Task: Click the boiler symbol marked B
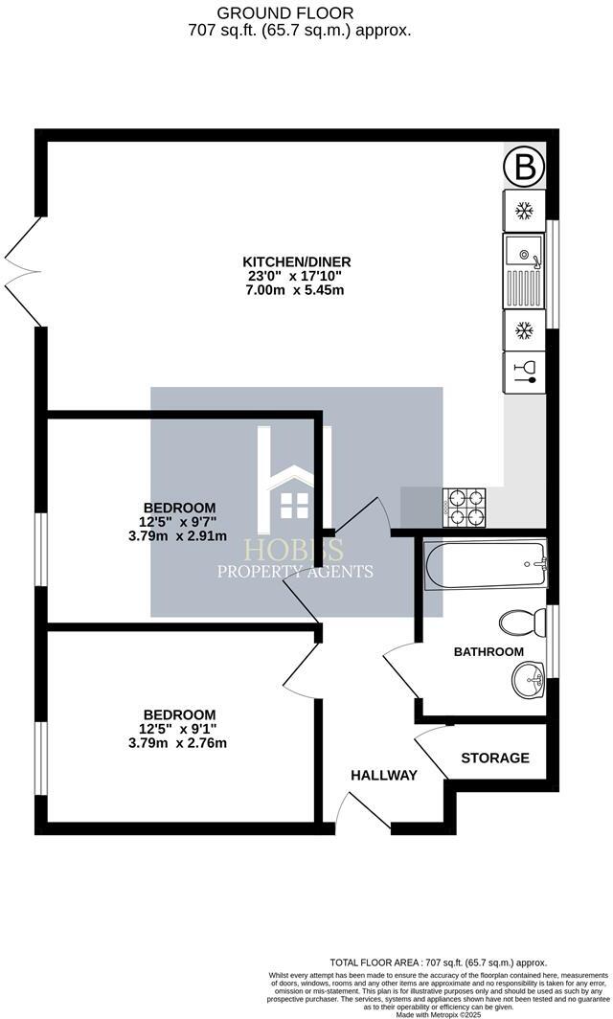pos(524,170)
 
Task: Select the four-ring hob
pos(465,507)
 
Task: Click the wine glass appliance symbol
pos(524,371)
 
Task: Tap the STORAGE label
pos(495,758)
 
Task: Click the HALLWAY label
pos(383,775)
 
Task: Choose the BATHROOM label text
pos(488,651)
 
